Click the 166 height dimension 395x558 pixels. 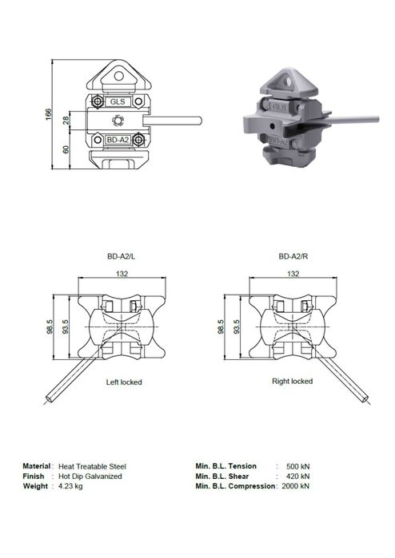[49, 114]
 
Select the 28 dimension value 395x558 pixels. [66, 121]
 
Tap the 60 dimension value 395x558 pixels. [66, 149]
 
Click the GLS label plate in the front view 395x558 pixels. [118, 101]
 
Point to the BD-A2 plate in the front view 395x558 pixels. [118, 140]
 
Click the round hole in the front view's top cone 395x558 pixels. [118, 76]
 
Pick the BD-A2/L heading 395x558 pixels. [122, 256]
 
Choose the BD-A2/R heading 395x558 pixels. [293, 256]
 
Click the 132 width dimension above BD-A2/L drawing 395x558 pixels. [122, 274]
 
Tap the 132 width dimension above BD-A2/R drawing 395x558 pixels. [293, 274]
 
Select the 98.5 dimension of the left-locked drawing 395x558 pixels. [50, 326]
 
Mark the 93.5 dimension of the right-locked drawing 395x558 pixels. [237, 326]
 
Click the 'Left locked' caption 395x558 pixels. [124, 382]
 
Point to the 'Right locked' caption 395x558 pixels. [293, 381]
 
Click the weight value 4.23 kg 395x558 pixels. [70, 486]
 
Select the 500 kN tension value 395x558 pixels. [298, 466]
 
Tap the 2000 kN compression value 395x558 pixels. [296, 486]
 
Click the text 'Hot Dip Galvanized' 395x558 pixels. [90, 477]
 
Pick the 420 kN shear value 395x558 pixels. [298, 477]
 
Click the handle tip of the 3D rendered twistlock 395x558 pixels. [377, 118]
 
